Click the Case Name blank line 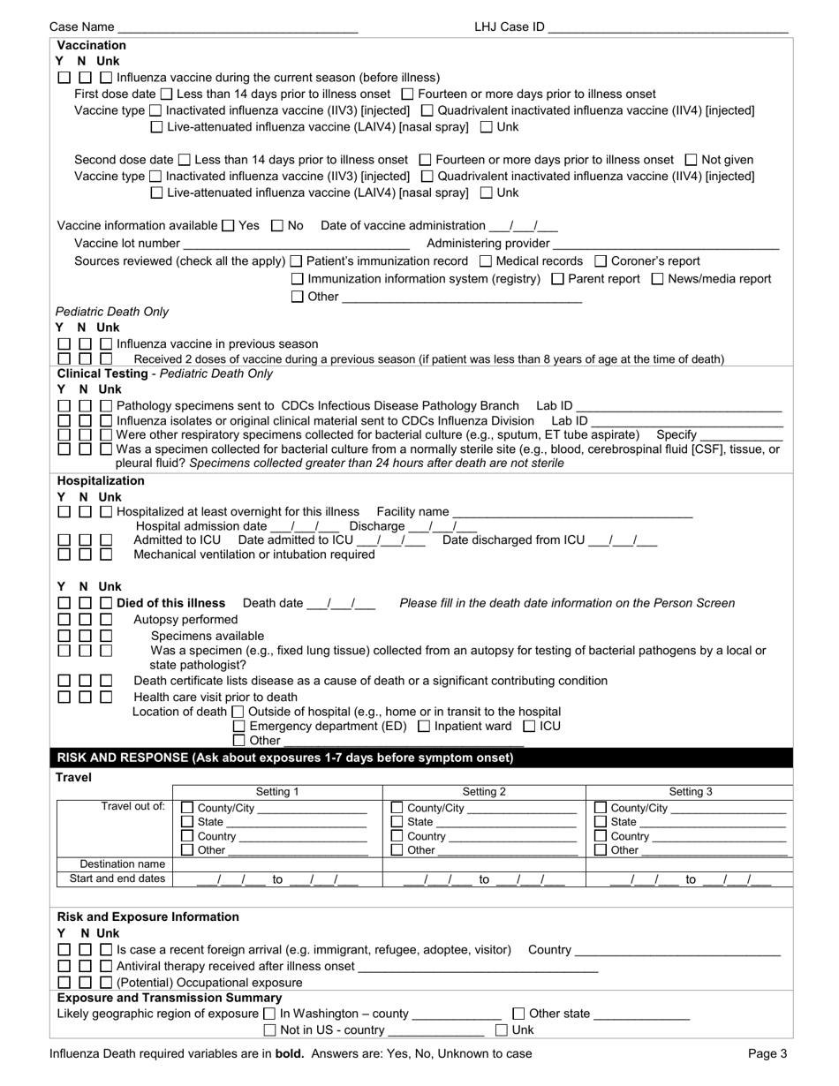(238, 28)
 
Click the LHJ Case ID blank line (668, 28)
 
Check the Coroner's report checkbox (601, 261)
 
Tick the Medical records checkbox (485, 261)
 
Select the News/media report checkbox (658, 279)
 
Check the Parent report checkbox (557, 279)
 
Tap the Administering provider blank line (666, 245)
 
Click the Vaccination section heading (91, 45)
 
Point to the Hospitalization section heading (101, 481)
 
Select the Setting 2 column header (484, 792)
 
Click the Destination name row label (115, 864)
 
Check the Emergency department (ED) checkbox (238, 727)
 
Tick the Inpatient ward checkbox (423, 727)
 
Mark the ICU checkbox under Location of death (529, 727)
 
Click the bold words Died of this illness (170, 604)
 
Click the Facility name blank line (571, 514)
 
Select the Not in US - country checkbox (270, 1030)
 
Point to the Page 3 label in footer (767, 1053)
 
